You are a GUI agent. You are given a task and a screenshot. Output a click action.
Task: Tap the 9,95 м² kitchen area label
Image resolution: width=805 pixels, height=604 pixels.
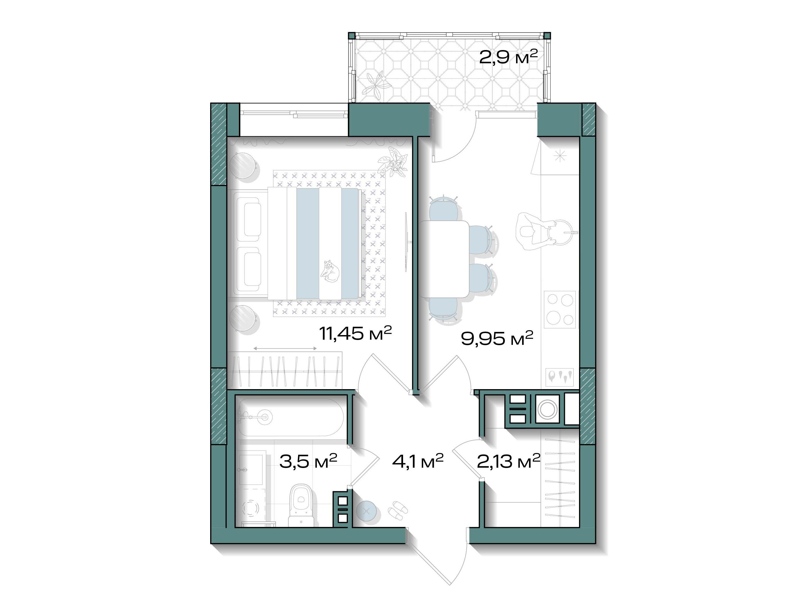pyautogui.click(x=497, y=338)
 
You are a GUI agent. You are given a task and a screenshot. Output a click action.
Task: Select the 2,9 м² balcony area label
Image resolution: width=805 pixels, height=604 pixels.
pyautogui.click(x=508, y=57)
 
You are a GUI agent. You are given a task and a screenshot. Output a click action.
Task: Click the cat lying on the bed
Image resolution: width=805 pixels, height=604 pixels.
pyautogui.click(x=329, y=271)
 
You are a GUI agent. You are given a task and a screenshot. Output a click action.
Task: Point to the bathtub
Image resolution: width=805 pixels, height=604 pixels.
pyautogui.click(x=291, y=417)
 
